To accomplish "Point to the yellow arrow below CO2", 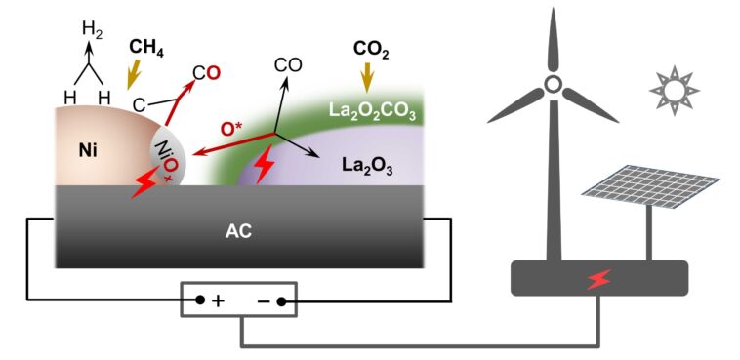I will point(367,76).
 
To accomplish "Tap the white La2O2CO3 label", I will point(371,115).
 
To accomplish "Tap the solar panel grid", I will point(648,185).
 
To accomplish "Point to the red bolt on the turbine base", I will point(598,280).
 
